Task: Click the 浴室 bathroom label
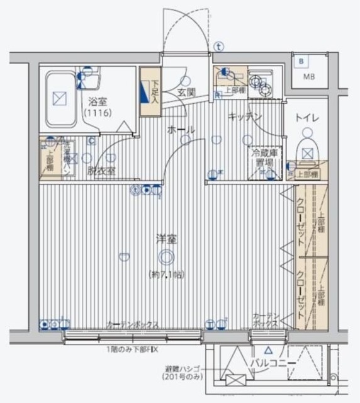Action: tap(97, 101)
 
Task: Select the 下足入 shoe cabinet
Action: tap(149, 91)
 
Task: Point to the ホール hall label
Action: tap(181, 129)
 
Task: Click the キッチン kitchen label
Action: tap(244, 116)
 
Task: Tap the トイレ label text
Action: tap(308, 118)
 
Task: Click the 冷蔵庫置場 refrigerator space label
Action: tap(263, 157)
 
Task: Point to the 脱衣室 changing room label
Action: tap(101, 170)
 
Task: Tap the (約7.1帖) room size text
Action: tap(166, 274)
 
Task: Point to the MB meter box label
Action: tap(310, 77)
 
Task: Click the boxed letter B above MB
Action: tap(302, 62)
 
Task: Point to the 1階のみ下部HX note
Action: tap(135, 348)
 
